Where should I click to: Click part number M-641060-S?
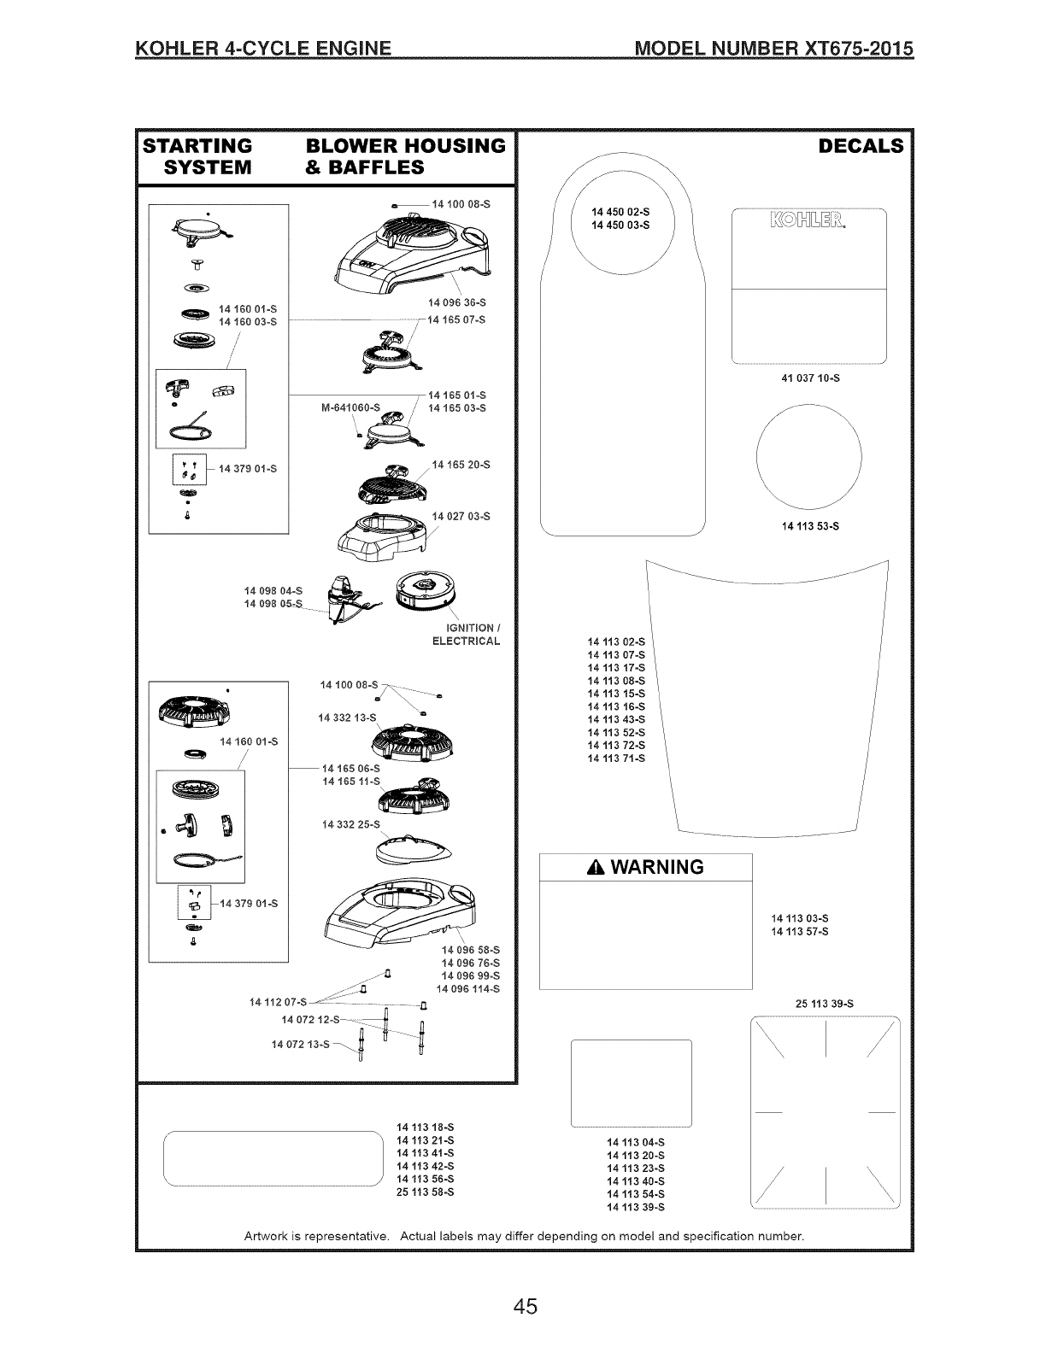pyautogui.click(x=350, y=407)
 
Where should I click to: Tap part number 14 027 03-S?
pyautogui.click(x=461, y=516)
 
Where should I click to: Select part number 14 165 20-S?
pyautogui.click(x=461, y=465)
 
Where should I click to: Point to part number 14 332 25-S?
pyautogui.click(x=351, y=824)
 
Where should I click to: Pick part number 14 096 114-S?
pyautogui.click(x=468, y=988)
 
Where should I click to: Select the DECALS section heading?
pyautogui.click(x=860, y=146)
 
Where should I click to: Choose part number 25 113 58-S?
pyautogui.click(x=425, y=1192)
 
